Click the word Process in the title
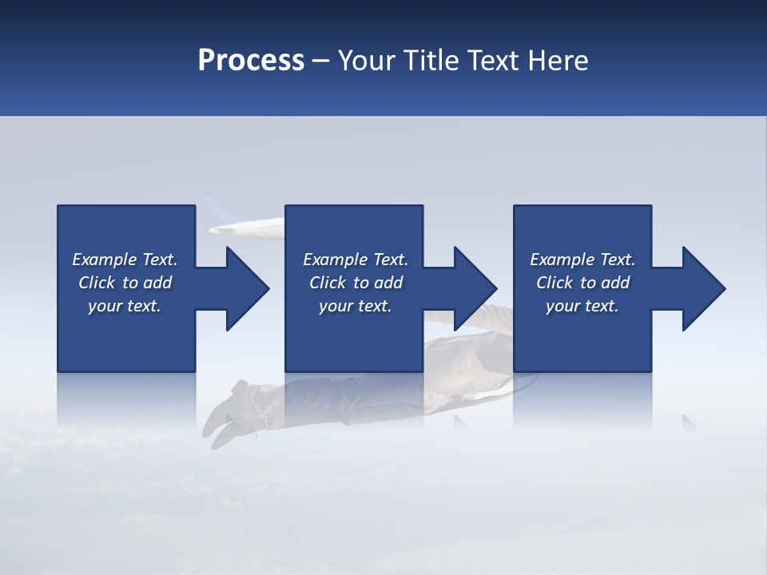point(251,61)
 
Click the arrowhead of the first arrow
point(248,288)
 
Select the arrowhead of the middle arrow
point(475,288)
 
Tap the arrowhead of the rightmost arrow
point(704,288)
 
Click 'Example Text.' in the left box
point(125,260)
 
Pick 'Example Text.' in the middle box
point(356,260)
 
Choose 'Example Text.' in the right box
point(582,260)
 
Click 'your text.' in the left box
point(125,306)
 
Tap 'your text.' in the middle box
point(356,306)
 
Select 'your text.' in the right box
point(582,306)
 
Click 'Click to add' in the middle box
point(356,283)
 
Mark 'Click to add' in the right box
point(582,283)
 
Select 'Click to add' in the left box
point(125,283)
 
